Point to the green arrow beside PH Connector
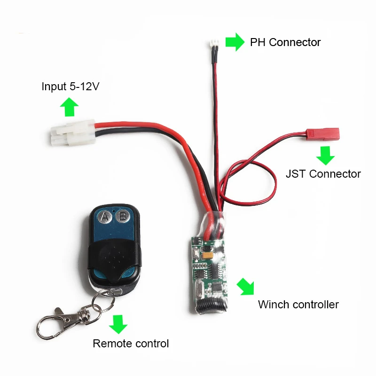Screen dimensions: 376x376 [235, 42]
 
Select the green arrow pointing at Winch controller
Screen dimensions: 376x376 [246, 286]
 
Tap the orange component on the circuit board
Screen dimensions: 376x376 [207, 255]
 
